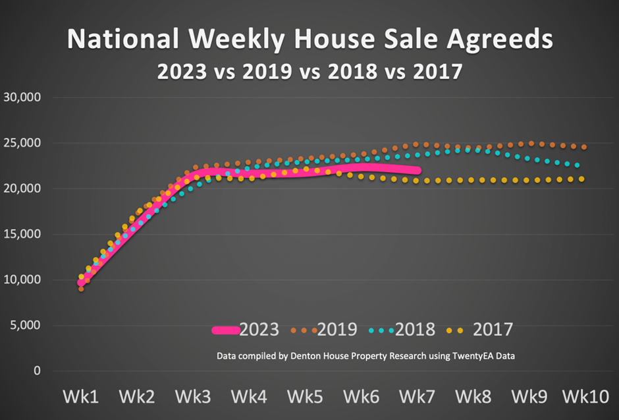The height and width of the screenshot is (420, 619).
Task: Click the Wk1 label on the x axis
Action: click(80, 397)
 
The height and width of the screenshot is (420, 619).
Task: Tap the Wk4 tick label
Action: click(249, 397)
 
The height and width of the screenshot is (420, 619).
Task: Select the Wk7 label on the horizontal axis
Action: click(417, 397)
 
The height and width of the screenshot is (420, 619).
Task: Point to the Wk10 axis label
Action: click(585, 397)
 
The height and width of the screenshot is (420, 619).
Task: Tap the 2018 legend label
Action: click(415, 330)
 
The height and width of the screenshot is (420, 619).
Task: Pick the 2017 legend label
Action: click(492, 330)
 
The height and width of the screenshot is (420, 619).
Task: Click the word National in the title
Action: click(122, 40)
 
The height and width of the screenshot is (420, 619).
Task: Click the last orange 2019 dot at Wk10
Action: click(584, 147)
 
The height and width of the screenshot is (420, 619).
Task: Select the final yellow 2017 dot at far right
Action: click(581, 179)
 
